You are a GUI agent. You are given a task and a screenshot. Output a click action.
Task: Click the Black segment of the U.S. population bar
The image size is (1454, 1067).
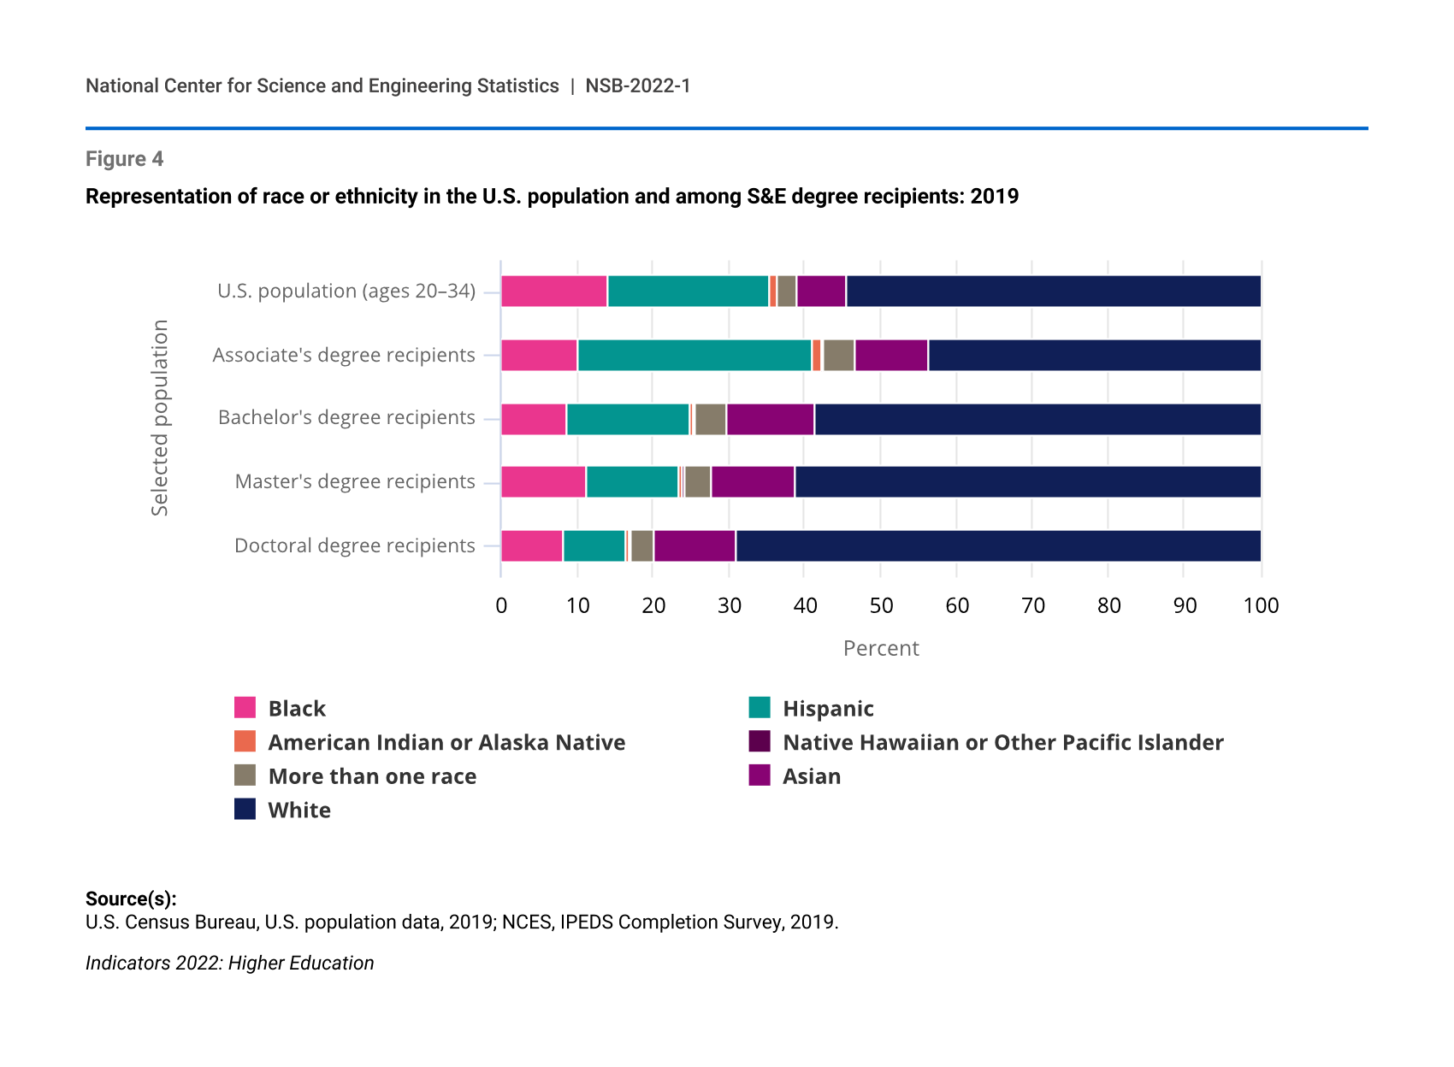(x=554, y=292)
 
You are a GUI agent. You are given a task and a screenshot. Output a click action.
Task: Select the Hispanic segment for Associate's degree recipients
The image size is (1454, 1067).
(x=694, y=355)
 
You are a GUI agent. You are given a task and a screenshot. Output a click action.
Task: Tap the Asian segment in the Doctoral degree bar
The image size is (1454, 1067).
(x=694, y=545)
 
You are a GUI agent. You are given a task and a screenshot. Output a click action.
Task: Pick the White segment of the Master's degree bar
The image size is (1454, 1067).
(x=1027, y=482)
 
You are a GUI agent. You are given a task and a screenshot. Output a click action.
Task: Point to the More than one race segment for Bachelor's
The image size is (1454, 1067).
(x=711, y=419)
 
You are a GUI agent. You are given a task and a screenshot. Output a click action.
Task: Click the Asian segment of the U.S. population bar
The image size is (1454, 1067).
(x=821, y=292)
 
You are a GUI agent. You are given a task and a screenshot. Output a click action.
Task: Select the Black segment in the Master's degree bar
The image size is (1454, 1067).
(x=543, y=482)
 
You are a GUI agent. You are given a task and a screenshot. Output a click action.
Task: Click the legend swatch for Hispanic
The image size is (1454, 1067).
(x=760, y=708)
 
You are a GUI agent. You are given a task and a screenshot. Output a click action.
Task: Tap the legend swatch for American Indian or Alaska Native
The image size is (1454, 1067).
(x=245, y=741)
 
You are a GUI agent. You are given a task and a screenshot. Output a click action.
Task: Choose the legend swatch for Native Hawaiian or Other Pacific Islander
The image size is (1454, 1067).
(x=760, y=741)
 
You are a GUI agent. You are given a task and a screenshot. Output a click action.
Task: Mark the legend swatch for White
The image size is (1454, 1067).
(x=245, y=809)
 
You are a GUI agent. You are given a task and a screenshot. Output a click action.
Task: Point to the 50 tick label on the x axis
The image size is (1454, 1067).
(x=881, y=606)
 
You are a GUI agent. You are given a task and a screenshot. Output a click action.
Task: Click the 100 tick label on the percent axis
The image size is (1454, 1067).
(x=1261, y=606)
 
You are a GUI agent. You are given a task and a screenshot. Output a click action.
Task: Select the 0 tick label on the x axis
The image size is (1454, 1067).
(x=501, y=606)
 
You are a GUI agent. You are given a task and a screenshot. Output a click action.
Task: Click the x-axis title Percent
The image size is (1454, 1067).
(x=881, y=648)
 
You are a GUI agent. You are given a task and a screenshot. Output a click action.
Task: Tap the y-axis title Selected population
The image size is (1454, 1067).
(x=160, y=418)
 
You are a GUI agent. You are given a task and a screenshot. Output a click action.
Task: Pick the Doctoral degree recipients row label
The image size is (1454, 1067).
(x=354, y=545)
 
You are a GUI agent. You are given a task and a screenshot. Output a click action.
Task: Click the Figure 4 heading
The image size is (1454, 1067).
(x=124, y=159)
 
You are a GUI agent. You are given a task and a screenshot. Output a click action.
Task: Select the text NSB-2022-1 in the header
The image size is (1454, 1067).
(x=637, y=85)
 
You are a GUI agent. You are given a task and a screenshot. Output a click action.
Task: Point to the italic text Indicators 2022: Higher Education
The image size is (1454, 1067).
(x=229, y=963)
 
